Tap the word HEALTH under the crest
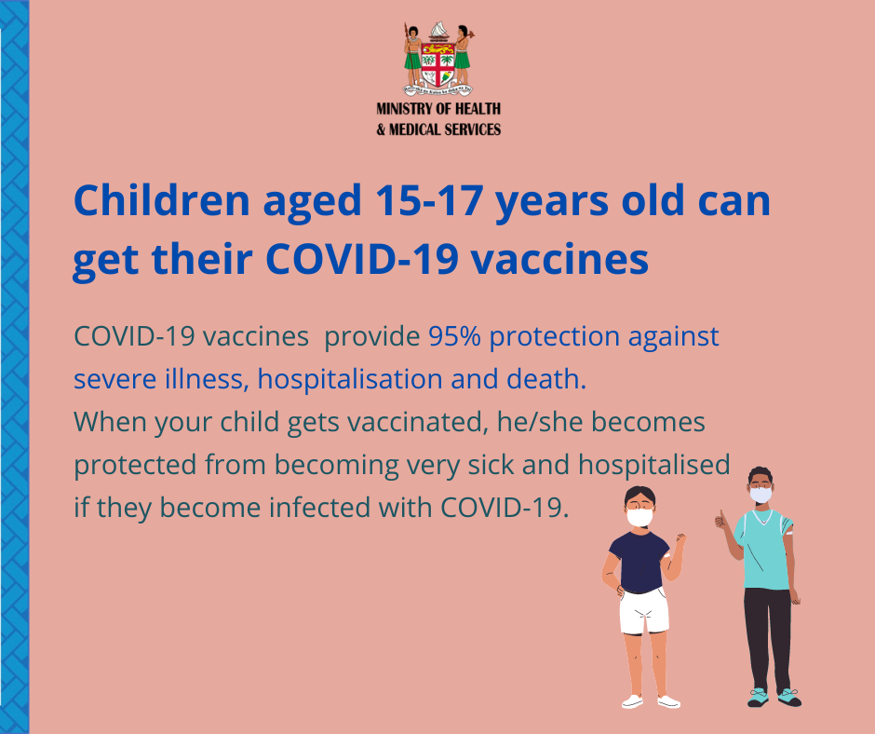478,108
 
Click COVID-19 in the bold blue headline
362,259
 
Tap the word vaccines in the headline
560,260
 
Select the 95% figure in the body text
454,336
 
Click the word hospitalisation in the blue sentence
350,379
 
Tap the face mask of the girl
639,517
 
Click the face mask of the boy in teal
761,495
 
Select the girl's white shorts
643,611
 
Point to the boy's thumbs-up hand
722,521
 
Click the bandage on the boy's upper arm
789,533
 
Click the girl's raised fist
680,538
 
